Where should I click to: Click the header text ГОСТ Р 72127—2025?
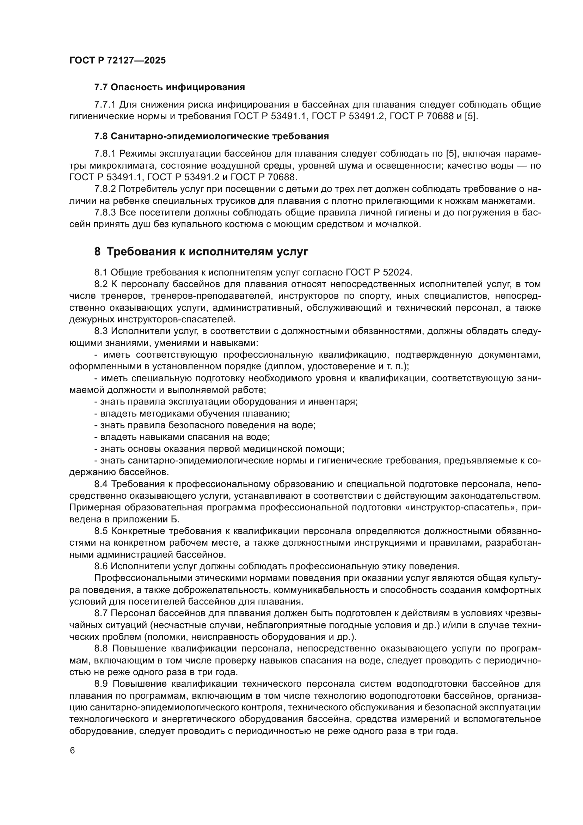point(117,60)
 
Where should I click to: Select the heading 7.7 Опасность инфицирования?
point(170,87)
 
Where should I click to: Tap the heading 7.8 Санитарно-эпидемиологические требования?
point(211,137)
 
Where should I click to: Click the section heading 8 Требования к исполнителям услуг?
point(201,252)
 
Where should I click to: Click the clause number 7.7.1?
point(105,105)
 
